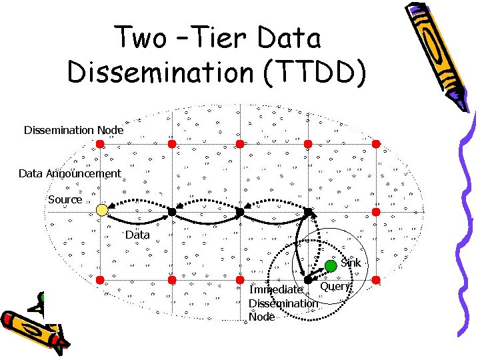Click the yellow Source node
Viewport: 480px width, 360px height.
click(x=101, y=210)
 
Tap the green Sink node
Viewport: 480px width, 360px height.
click(x=331, y=266)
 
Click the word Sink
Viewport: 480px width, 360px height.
click(x=351, y=263)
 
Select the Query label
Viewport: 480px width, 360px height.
click(x=335, y=286)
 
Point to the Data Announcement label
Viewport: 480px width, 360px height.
click(x=70, y=173)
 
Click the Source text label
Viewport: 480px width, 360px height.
click(x=65, y=199)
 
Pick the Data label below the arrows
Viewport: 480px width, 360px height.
click(x=137, y=235)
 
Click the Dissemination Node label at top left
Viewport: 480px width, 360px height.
click(x=73, y=130)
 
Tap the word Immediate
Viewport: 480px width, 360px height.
click(x=275, y=289)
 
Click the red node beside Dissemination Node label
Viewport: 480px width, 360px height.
click(x=101, y=143)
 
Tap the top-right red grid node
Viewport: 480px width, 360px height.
click(x=376, y=143)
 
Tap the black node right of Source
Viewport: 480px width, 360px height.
click(x=171, y=211)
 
